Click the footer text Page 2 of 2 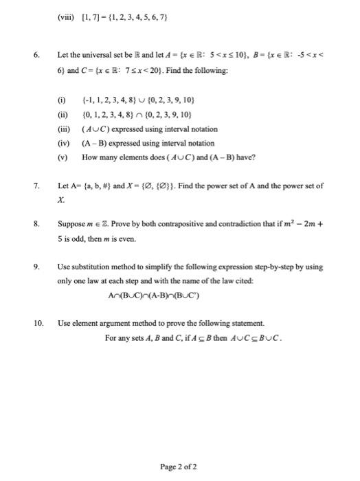point(179,447)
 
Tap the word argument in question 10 point(115,322)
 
